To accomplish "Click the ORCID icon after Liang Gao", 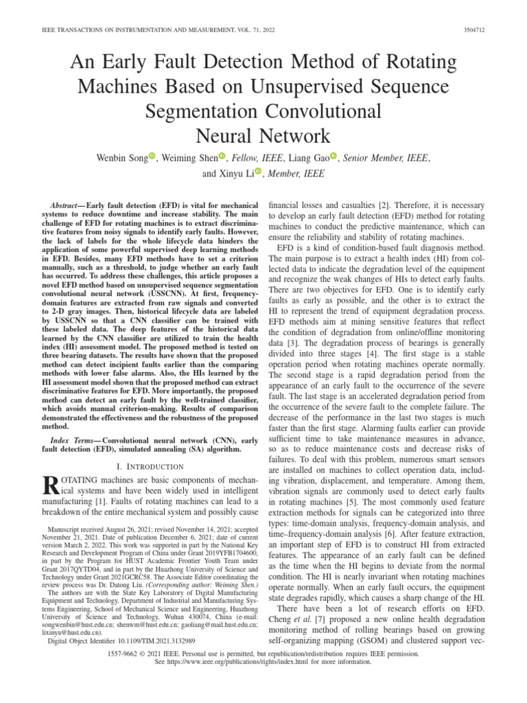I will [x=334, y=157].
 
